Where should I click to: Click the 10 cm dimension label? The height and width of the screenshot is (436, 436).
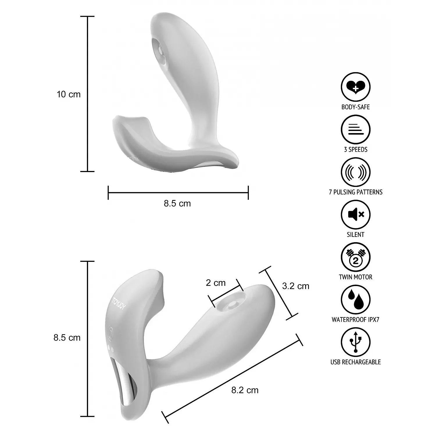(x=69, y=94)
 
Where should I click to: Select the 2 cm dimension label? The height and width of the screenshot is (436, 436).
(x=216, y=283)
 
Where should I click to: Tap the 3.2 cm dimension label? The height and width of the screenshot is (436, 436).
(x=296, y=286)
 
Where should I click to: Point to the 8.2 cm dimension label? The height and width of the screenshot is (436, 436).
(x=245, y=390)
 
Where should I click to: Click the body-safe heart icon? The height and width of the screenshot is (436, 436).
(x=355, y=87)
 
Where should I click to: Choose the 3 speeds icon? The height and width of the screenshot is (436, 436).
(x=355, y=130)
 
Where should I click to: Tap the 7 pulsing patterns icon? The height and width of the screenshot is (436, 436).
(x=355, y=172)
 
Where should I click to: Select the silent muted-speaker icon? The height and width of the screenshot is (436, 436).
(x=355, y=215)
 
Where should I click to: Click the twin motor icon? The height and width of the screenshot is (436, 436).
(x=355, y=257)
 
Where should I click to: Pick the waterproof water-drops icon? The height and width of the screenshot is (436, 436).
(x=355, y=300)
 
